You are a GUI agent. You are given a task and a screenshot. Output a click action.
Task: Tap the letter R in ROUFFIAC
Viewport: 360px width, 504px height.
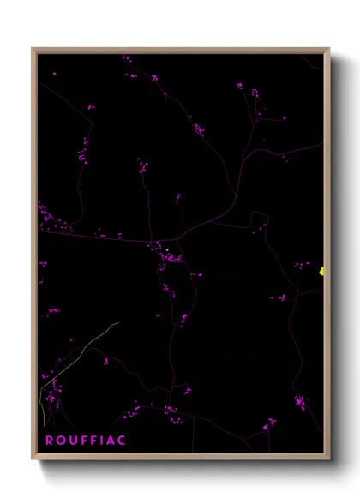(49, 441)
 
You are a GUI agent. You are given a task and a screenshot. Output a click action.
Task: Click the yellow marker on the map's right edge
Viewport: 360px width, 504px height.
(322, 271)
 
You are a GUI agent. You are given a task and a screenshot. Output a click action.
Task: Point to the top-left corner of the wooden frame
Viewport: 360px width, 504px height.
(33, 49)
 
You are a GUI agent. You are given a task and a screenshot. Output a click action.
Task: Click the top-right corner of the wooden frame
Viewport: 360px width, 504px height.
(328, 49)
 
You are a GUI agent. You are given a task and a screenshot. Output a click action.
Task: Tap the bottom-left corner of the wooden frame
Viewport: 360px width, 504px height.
(33, 459)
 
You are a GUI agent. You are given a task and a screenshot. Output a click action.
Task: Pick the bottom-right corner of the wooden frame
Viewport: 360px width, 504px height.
(328, 459)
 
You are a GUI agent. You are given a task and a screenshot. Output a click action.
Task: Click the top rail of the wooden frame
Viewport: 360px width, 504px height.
(180, 50)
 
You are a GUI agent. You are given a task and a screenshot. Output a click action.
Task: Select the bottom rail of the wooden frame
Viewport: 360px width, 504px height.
(180, 458)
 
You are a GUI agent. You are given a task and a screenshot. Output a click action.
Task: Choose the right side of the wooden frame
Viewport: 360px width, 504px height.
(327, 171)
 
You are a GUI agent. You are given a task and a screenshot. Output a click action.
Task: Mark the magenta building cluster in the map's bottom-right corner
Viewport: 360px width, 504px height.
(300, 402)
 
